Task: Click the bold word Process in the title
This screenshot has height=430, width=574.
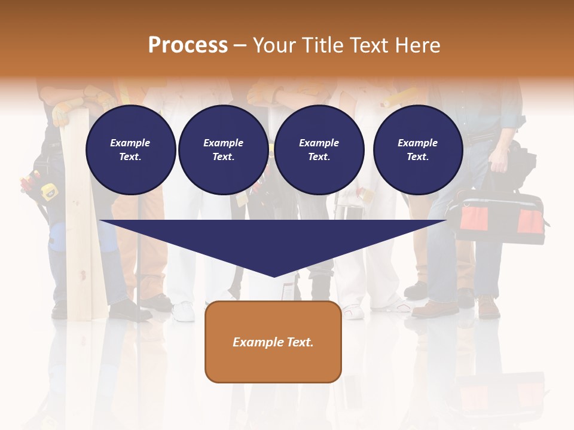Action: coord(188,45)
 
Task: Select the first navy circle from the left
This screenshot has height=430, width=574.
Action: coord(130,150)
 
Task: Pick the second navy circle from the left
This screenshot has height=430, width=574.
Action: coord(223,150)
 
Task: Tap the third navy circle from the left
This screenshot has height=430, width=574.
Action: coord(319,150)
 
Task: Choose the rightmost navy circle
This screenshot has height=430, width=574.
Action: coord(417,150)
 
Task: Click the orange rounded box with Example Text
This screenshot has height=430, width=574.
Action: coord(273,342)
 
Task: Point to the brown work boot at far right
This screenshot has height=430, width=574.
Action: coord(488,307)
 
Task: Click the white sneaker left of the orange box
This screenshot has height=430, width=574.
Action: coord(183,311)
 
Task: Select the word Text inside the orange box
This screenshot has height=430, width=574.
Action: coord(300,342)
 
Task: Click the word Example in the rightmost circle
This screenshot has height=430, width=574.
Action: coord(417,143)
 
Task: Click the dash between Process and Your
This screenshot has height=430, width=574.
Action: coord(240,45)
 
